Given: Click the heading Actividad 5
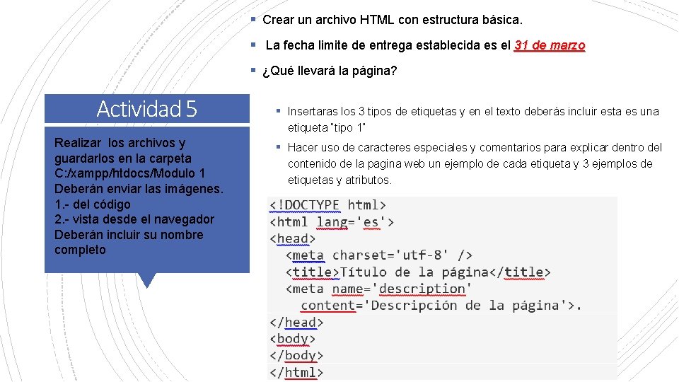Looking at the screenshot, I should (146, 109).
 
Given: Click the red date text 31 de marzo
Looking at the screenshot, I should (550, 45).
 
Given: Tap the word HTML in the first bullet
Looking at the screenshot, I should (377, 19).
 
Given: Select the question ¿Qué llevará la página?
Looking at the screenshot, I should (329, 71).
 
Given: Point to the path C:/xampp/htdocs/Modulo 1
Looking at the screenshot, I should (130, 173).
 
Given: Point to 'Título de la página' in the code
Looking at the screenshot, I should (414, 272).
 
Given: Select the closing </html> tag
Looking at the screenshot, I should (296, 372).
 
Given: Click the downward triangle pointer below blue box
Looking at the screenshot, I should (146, 281).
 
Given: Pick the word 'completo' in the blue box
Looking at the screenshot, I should (80, 250).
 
